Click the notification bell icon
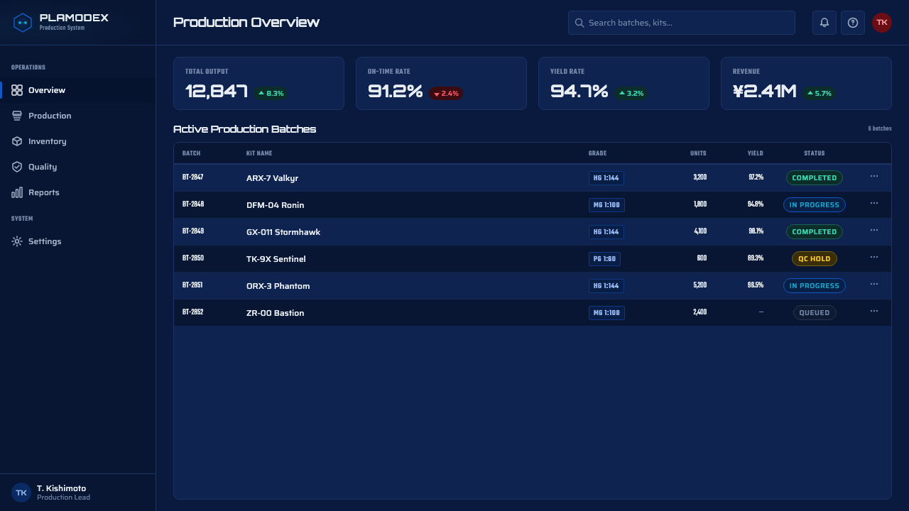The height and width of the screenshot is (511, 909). pos(824,23)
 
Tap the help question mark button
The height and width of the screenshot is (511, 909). pos(853,23)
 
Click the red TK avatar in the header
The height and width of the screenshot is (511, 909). pos(882,23)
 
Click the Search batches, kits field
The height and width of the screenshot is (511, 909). pos(681,23)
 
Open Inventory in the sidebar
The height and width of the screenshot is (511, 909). pos(47,141)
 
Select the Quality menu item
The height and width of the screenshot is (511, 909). pos(43,167)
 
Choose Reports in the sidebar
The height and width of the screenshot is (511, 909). pos(44,192)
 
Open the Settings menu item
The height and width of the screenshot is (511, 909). pos(45,241)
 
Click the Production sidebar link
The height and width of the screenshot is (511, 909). pos(50,116)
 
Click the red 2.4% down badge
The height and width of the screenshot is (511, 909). pos(446,93)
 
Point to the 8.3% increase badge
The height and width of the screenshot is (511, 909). pos(271,93)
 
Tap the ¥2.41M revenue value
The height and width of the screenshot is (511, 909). pos(764,92)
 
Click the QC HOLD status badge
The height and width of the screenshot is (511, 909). pos(814,259)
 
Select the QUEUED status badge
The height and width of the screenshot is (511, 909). pos(814,313)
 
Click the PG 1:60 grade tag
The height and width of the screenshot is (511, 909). pos(604,259)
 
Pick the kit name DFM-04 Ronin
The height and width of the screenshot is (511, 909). pos(275,205)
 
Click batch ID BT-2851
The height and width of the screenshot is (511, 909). pos(192,285)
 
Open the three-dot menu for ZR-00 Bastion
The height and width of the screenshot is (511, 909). pos(873,311)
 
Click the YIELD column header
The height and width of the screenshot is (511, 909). pos(755,153)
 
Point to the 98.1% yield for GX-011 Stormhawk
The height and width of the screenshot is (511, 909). pos(756,231)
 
